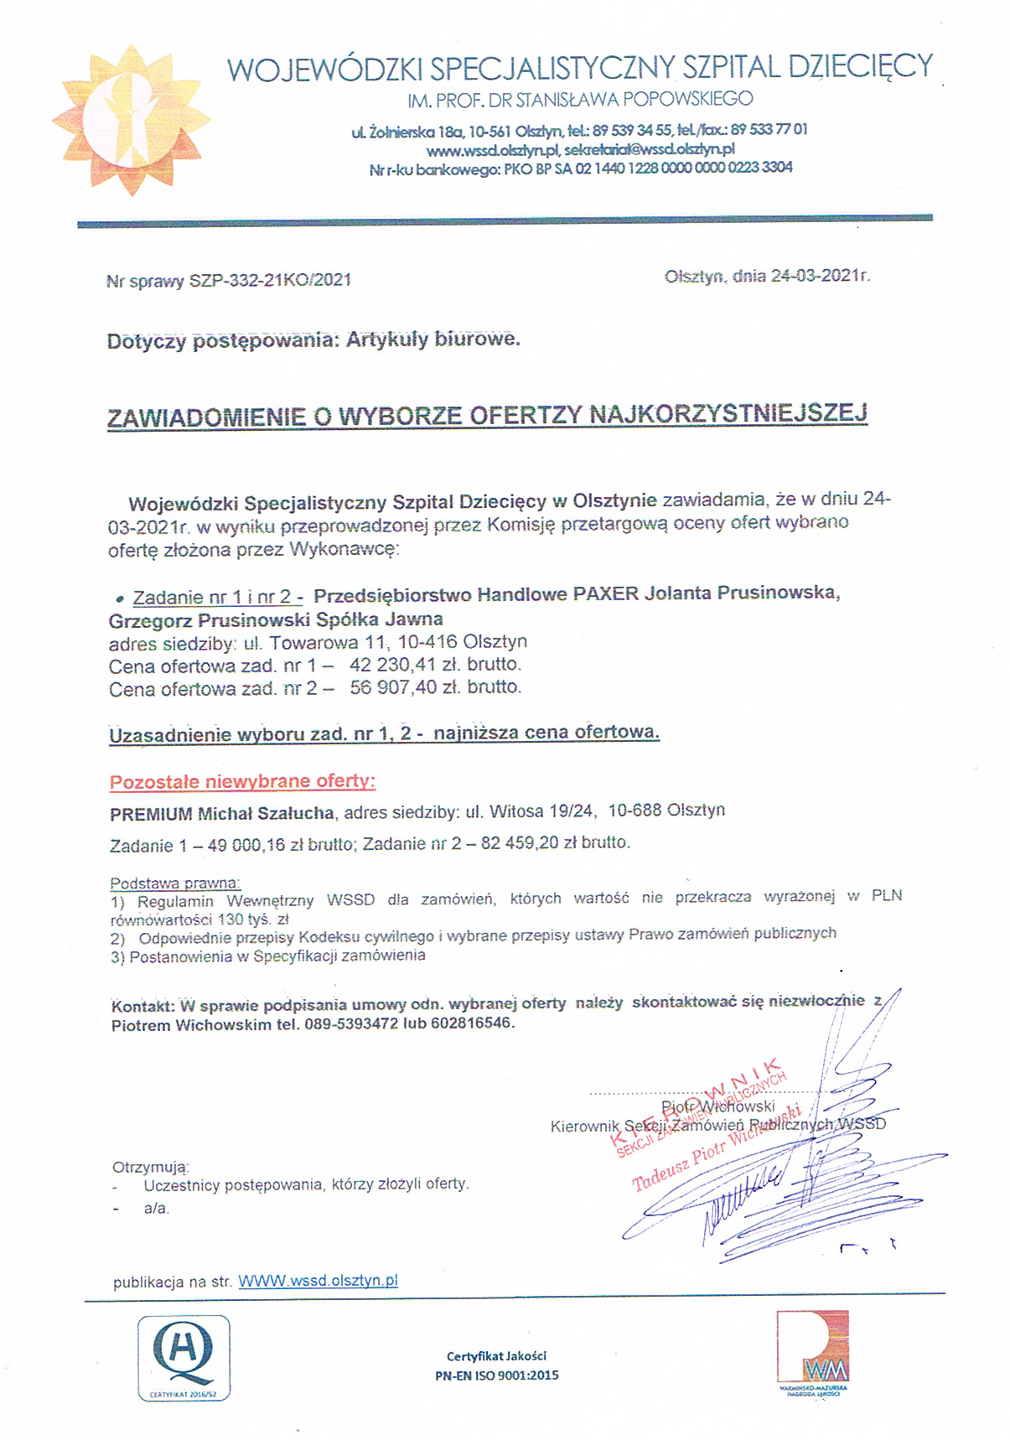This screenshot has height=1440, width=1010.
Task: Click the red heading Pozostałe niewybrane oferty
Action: [x=242, y=782]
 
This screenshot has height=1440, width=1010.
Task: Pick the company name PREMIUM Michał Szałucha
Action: [x=222, y=812]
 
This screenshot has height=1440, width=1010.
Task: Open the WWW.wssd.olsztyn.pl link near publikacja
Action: [x=318, y=1281]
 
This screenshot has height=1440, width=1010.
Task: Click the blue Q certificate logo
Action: [x=184, y=1356]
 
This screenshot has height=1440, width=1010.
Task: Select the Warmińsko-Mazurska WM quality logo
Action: [x=811, y=1349]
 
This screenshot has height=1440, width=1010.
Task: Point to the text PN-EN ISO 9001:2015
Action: [x=496, y=1375]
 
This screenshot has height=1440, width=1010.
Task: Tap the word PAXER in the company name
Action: [x=605, y=594]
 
